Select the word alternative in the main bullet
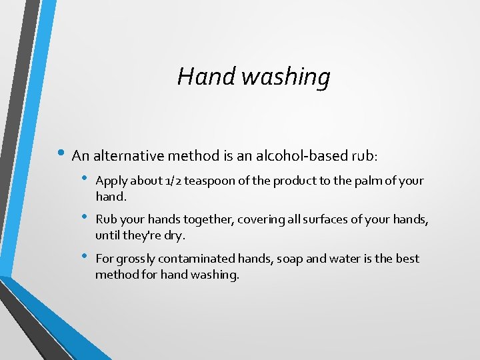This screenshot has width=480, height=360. point(131,156)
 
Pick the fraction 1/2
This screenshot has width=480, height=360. point(173,181)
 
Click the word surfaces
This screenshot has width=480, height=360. point(312,219)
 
